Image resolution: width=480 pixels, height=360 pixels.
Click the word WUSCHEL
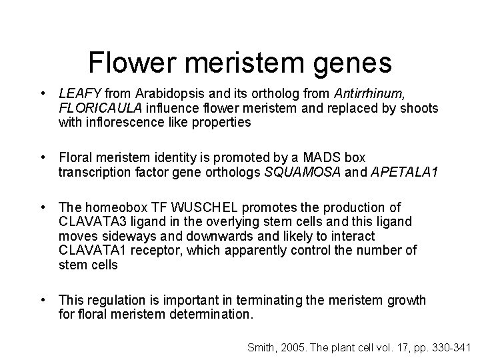click(196, 208)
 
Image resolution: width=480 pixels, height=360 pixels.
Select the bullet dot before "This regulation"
click(42, 300)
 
